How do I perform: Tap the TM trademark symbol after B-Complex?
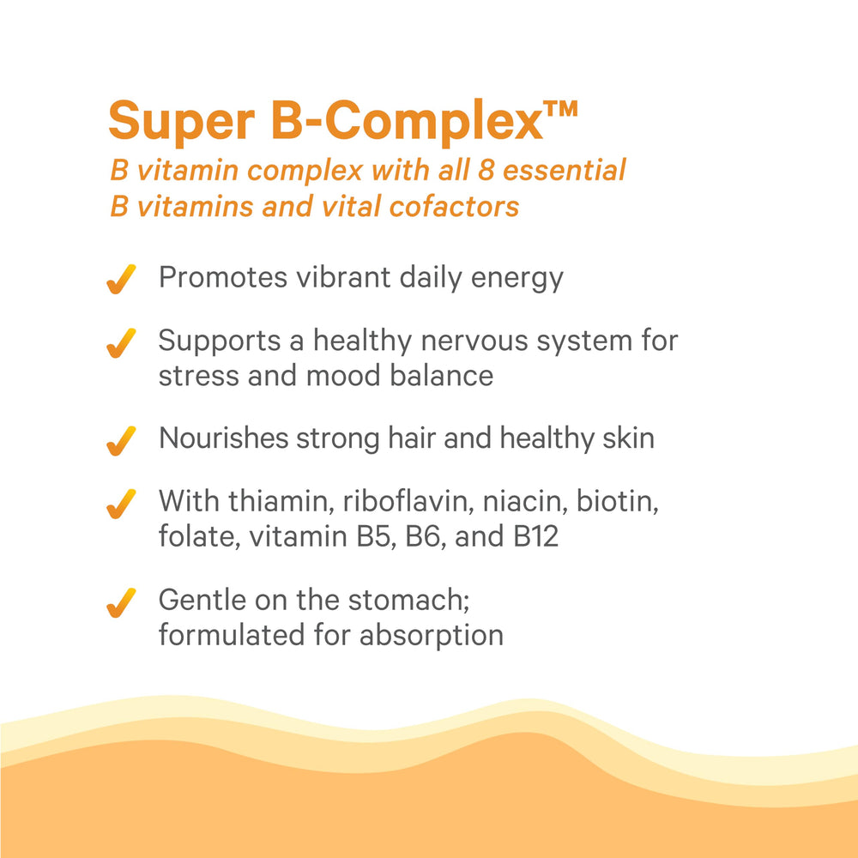[560, 112]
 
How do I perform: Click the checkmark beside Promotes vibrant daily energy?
[122, 279]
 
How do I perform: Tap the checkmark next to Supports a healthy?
[122, 343]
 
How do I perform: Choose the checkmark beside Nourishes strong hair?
[122, 440]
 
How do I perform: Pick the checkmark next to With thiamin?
[122, 504]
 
